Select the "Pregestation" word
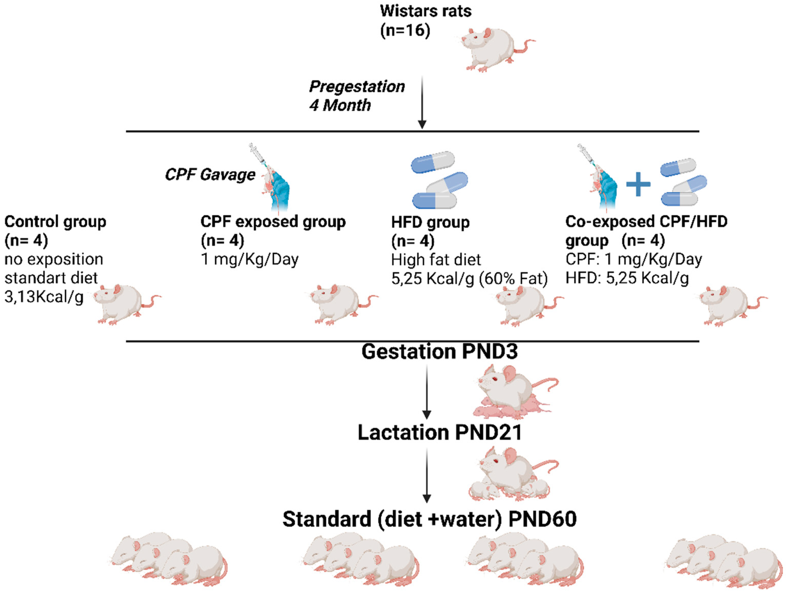tap(357, 87)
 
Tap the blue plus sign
tap(638, 184)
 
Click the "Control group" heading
tap(55, 222)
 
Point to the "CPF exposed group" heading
tap(273, 222)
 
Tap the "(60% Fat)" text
tap(513, 279)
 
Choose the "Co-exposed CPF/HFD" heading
tap(646, 222)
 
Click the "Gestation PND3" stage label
tap(440, 352)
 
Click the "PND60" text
tap(542, 519)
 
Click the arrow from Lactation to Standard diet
tap(426, 475)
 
